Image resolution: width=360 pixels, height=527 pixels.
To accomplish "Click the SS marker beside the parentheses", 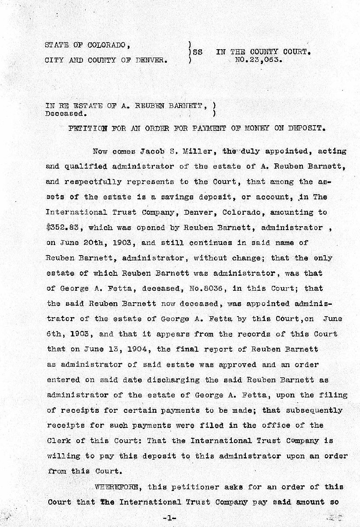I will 198,52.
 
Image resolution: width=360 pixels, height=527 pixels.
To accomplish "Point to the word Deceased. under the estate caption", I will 63,113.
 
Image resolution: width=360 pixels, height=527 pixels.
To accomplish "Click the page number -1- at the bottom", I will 168,518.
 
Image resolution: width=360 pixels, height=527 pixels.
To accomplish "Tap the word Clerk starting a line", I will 58,440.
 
